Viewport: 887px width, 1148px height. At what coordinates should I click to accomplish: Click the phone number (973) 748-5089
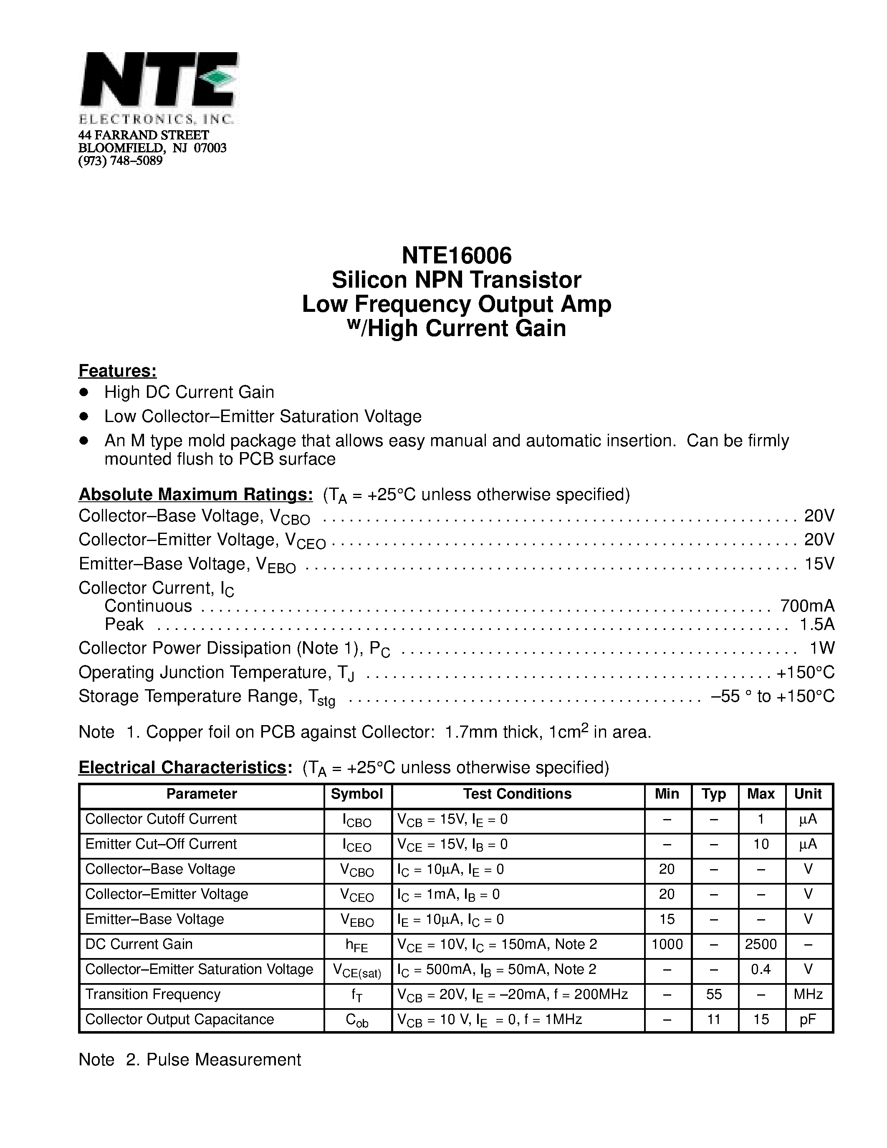(x=120, y=161)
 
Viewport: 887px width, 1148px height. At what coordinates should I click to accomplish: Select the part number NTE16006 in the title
(x=456, y=255)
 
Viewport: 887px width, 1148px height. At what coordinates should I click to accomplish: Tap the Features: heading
(x=117, y=371)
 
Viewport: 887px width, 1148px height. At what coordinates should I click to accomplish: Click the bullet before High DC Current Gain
(x=83, y=392)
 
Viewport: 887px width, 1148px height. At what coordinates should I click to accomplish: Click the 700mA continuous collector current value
(x=807, y=606)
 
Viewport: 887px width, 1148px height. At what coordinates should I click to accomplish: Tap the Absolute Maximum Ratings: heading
(x=195, y=494)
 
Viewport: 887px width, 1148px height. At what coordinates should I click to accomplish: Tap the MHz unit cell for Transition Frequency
(x=808, y=994)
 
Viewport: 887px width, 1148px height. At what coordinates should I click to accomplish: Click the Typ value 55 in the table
(x=714, y=994)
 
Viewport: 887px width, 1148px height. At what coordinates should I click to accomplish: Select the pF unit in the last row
(x=808, y=1019)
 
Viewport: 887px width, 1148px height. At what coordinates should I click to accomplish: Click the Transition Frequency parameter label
(x=153, y=994)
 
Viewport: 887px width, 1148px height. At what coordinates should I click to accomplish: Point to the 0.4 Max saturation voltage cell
(x=761, y=969)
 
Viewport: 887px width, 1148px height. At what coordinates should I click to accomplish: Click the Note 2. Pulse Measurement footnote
(x=190, y=1059)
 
